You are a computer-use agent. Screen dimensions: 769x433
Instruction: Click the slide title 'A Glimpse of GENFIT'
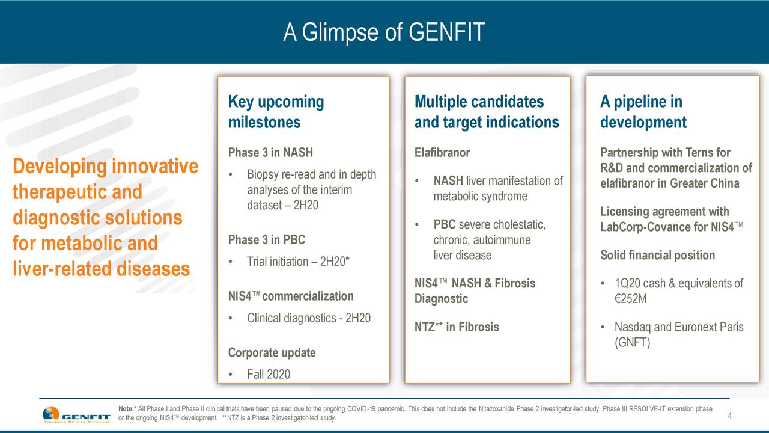click(x=384, y=32)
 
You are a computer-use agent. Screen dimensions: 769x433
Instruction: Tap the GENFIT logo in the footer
click(x=76, y=414)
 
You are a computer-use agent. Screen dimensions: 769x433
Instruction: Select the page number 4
click(x=729, y=416)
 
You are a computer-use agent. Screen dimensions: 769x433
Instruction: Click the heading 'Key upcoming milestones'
click(x=276, y=112)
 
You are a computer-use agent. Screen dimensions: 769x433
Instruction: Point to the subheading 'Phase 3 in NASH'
click(x=270, y=152)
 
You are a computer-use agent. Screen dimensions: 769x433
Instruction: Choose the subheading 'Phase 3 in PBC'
click(x=266, y=239)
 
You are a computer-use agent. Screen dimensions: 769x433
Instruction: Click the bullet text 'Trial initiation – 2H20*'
click(x=298, y=262)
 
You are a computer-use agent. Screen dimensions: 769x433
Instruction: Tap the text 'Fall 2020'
click(x=269, y=374)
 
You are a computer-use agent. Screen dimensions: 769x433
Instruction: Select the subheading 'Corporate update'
click(x=272, y=352)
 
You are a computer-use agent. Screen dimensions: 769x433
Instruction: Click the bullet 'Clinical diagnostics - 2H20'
click(x=309, y=318)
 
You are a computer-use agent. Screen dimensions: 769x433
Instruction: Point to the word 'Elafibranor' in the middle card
click(x=442, y=152)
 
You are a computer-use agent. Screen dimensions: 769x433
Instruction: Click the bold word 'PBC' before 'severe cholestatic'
click(x=444, y=224)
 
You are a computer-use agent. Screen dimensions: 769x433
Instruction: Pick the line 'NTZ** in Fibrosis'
click(x=457, y=327)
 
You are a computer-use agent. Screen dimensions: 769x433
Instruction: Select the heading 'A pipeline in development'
click(x=643, y=112)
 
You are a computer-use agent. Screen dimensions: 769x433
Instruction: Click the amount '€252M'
click(x=630, y=299)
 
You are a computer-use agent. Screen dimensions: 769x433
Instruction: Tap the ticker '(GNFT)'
click(x=632, y=343)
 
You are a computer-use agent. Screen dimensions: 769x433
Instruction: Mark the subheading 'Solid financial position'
click(x=657, y=255)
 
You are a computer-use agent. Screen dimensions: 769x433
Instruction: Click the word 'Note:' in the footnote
click(x=126, y=409)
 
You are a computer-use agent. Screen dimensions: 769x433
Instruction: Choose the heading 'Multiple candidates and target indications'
click(x=487, y=112)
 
